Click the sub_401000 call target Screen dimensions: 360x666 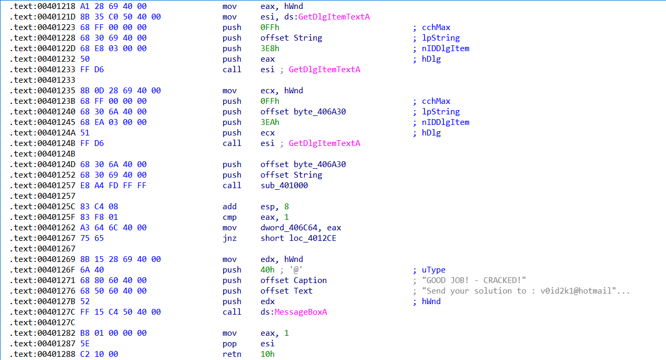(284, 186)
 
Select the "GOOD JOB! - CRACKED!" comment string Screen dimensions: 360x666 (476, 280)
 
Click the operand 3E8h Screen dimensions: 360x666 (269, 48)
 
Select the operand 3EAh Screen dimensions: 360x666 (269, 122)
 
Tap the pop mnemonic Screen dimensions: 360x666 (229, 344)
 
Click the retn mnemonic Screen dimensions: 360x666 (231, 354)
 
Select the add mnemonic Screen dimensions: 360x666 (229, 207)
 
